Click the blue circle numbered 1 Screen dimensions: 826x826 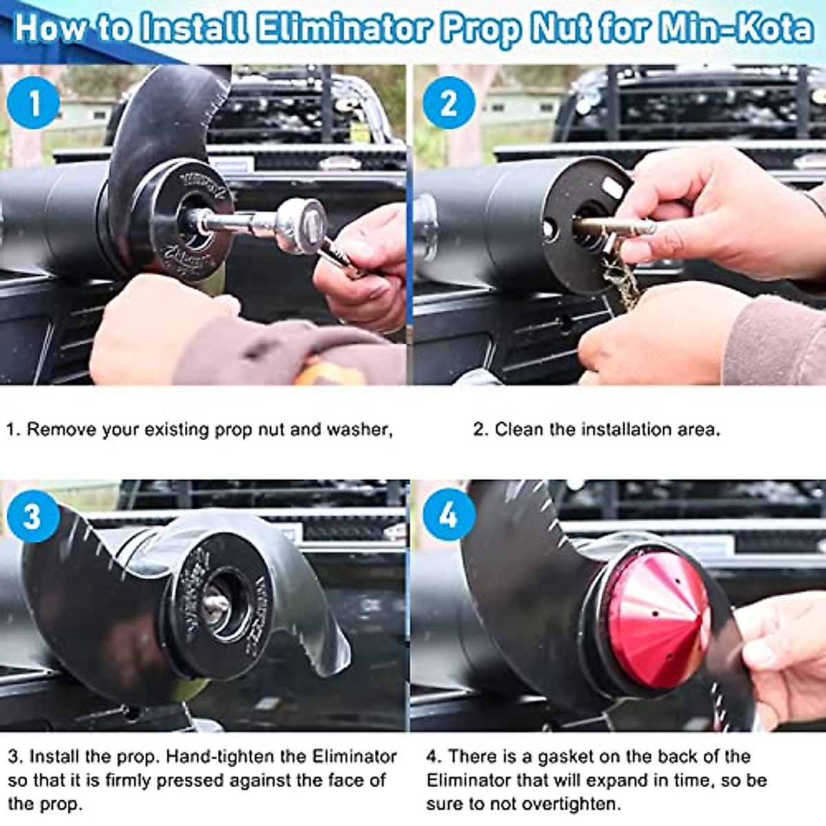(32, 103)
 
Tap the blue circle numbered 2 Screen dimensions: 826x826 (448, 103)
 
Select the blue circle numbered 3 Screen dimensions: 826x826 (32, 516)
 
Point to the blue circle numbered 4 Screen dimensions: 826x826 (448, 515)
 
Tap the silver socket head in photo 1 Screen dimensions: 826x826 (301, 226)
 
